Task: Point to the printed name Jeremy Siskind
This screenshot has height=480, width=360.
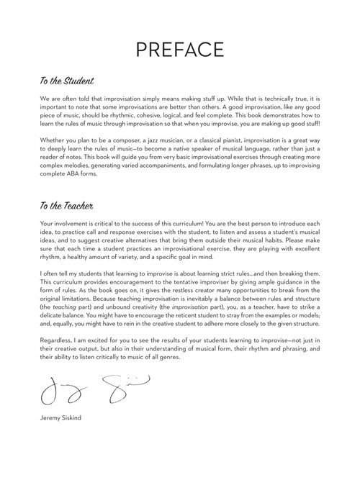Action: click(60, 415)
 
